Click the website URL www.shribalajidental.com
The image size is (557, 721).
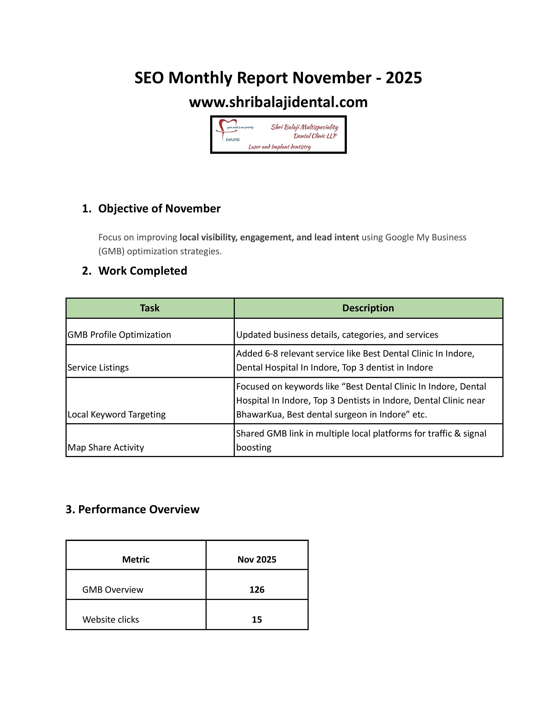278,102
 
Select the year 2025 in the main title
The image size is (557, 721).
404,78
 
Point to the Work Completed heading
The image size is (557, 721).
143,271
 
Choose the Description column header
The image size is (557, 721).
368,308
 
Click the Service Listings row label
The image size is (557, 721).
98,367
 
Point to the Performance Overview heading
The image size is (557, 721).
133,509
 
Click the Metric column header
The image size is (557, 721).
136,559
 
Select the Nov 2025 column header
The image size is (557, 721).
257,559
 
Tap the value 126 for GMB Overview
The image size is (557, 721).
257,590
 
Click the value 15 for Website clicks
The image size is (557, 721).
257,619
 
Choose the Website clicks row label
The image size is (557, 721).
111,619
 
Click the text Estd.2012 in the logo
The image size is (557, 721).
233,140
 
